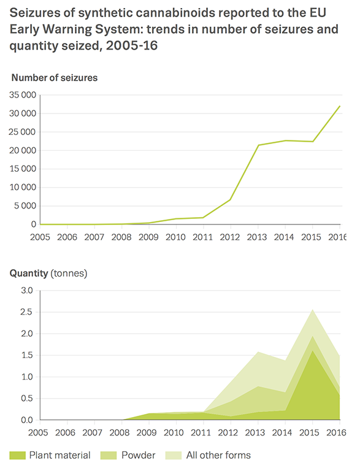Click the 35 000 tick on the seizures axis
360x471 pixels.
[23, 95]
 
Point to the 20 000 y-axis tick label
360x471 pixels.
[23, 150]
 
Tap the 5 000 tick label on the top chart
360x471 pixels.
[25, 206]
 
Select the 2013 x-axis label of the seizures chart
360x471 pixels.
[257, 237]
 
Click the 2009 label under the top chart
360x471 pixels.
[148, 237]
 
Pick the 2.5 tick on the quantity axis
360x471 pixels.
[26, 312]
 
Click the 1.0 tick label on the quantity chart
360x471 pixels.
[26, 377]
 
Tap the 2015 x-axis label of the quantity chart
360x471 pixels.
[309, 432]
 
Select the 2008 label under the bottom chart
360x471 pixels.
[120, 432]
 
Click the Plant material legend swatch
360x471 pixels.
[17, 456]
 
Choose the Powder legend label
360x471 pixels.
[139, 456]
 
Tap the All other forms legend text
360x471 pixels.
[218, 456]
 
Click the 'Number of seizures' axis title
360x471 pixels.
[55, 78]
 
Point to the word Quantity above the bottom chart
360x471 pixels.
[29, 274]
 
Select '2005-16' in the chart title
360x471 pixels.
[132, 45]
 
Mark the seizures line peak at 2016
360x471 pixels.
[340, 106]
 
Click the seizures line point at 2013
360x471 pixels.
[258, 145]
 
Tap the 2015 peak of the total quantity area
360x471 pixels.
[313, 309]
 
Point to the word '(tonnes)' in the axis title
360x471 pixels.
[69, 274]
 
